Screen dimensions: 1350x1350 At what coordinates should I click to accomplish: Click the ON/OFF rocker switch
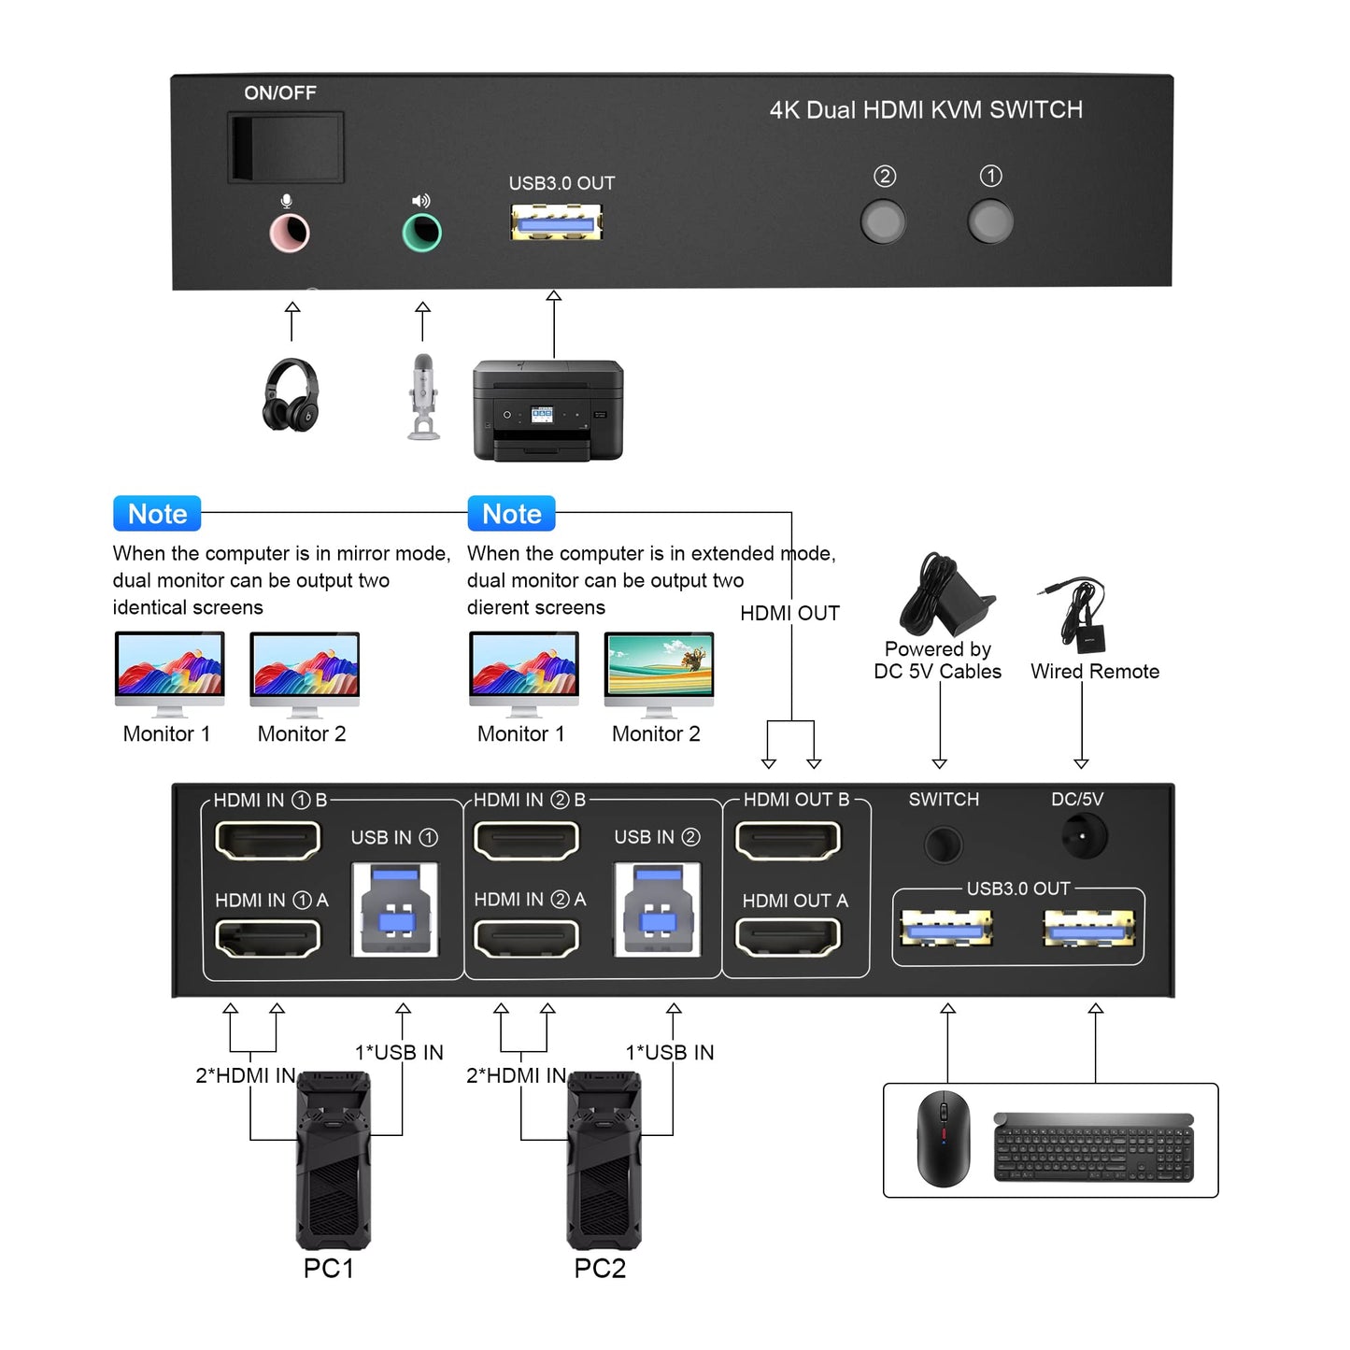285,147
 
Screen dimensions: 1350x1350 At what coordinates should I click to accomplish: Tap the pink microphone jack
290,234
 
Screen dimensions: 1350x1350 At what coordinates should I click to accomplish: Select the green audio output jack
421,234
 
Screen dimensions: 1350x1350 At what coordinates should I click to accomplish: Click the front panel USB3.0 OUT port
556,222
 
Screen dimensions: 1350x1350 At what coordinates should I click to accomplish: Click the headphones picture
291,394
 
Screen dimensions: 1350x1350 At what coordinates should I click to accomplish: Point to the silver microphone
423,396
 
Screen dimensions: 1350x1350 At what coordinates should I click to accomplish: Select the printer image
547,410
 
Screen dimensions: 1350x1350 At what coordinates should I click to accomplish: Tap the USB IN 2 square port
658,909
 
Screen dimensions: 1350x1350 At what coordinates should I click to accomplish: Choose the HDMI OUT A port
789,937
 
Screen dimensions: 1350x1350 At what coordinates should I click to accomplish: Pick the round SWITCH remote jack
943,845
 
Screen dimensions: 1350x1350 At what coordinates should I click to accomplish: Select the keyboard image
1094,1147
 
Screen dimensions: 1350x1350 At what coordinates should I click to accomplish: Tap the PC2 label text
600,1269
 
